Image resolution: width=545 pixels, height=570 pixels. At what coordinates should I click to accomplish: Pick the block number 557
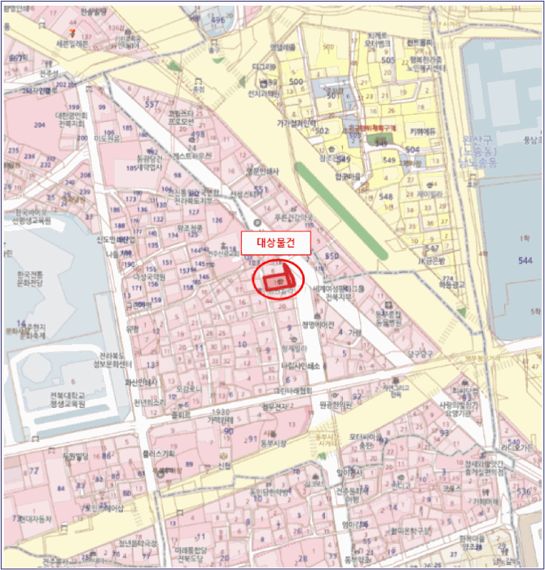152,105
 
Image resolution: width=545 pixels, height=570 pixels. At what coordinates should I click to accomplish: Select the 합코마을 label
346,175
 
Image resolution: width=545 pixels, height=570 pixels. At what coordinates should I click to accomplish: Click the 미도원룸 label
107,140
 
